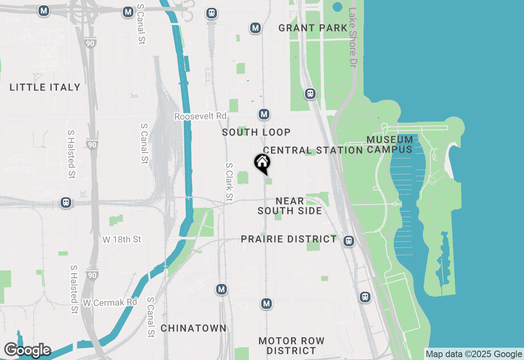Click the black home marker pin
coord(262,163)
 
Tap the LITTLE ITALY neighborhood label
coord(45,87)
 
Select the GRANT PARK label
coord(313,28)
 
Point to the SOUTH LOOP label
coord(256,132)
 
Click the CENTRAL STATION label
coord(313,150)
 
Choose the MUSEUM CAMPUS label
coord(390,144)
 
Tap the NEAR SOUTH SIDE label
coord(290,206)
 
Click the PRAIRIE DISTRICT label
coord(289,239)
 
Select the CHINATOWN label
coord(194,328)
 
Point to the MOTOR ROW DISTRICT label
coord(291,346)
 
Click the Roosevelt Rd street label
coord(200,116)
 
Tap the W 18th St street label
coord(122,239)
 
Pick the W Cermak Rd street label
coord(110,303)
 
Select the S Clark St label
coord(229,182)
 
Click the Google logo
coord(27,350)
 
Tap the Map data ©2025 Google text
coord(474,354)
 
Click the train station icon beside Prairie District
coord(349,241)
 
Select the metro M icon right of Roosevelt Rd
coord(264,114)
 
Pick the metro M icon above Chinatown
coord(221,289)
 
